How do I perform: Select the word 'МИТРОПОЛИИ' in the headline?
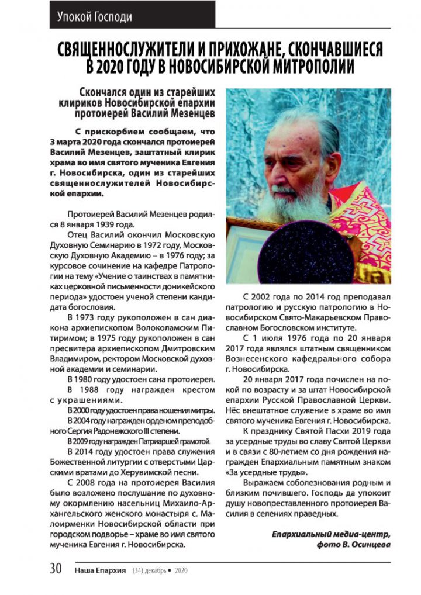click(309, 67)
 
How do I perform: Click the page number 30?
click(56, 569)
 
